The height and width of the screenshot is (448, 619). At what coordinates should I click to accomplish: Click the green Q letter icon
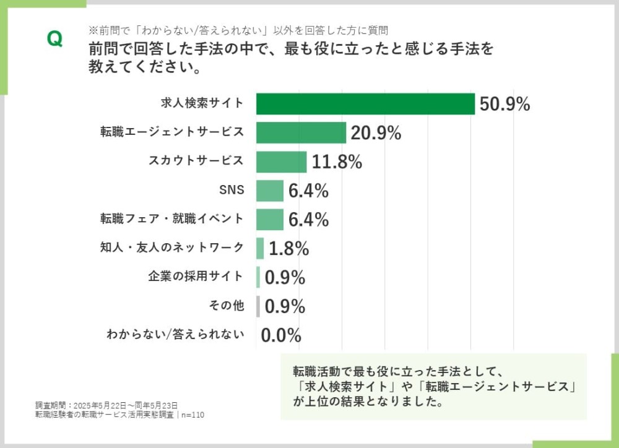click(x=54, y=39)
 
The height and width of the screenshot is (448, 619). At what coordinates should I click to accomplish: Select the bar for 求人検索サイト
click(x=365, y=104)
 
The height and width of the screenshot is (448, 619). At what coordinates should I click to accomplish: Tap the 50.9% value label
click(x=504, y=104)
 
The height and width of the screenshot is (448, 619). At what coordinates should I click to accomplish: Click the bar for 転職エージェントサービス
click(x=301, y=132)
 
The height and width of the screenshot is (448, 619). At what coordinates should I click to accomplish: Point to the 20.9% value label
click(x=376, y=132)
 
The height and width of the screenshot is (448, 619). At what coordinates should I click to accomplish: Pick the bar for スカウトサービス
click(x=281, y=162)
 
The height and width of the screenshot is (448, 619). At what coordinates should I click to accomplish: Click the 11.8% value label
click(x=337, y=162)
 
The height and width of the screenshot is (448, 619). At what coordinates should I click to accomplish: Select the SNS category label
click(x=232, y=191)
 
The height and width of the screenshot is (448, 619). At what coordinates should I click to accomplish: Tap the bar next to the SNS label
click(x=270, y=191)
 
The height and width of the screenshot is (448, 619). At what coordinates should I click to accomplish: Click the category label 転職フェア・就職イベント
click(x=172, y=219)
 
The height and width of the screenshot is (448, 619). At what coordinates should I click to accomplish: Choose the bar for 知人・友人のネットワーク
click(x=260, y=248)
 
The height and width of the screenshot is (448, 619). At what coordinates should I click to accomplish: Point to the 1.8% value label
click(x=288, y=248)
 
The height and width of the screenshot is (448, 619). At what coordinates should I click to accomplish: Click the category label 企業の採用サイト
click(x=196, y=277)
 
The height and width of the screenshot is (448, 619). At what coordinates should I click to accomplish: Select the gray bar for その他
click(x=258, y=306)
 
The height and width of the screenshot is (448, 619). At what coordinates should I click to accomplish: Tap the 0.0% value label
click(x=281, y=335)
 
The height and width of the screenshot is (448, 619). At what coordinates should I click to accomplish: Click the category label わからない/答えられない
click(x=175, y=335)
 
